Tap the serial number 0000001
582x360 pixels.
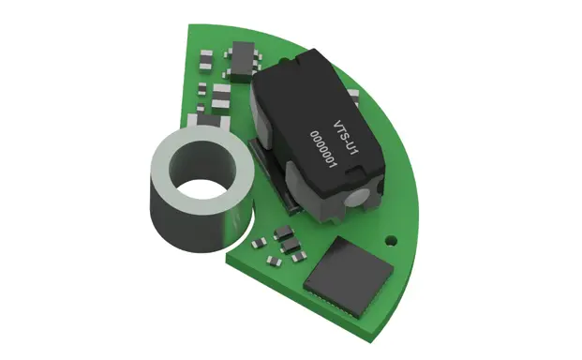(323, 149)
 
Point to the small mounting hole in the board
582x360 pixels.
(390, 239)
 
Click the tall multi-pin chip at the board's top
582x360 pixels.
(243, 61)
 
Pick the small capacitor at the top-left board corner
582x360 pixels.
(205, 59)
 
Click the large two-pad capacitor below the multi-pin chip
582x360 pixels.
(221, 97)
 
